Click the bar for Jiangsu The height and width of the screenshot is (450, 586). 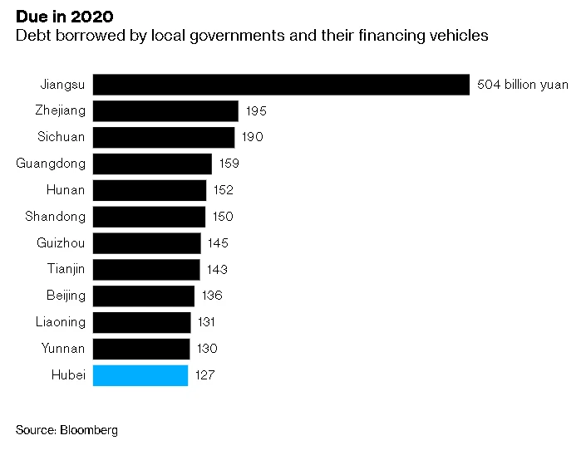pos(281,84)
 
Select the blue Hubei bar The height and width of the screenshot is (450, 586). pos(140,375)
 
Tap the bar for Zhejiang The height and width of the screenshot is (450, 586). pos(165,110)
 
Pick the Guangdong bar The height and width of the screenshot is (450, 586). pos(152,164)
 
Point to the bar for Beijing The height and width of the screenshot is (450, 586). pos(143,296)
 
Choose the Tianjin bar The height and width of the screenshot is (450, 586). pos(146,269)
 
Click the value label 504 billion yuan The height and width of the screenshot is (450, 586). pos(523,84)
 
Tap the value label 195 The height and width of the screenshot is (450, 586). pos(256,110)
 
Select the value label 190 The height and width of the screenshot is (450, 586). pos(253,137)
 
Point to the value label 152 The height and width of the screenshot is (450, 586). pos(223,190)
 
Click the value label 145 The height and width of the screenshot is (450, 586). pos(218,243)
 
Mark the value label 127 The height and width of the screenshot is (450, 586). pos(204,375)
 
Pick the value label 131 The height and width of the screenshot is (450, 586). pos(206,322)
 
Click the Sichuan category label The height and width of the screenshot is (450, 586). pos(62,137)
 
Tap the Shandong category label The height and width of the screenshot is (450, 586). pos(55,217)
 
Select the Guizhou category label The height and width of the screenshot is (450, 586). pos(61,243)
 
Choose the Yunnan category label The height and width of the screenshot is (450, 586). pos(63,349)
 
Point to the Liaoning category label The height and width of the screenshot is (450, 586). pos(60,322)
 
